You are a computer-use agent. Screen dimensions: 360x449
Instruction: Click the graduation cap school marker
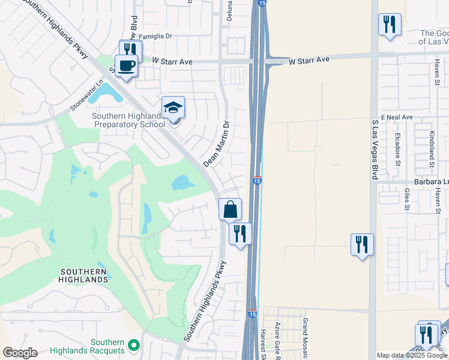coord(173,108)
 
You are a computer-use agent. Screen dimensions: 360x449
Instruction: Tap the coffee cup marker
coord(126,66)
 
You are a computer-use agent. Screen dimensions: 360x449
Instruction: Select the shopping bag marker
coord(230,210)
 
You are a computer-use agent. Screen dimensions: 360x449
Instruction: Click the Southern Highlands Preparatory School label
coord(128,120)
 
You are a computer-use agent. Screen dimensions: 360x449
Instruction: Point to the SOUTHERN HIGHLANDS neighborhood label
coord(84,275)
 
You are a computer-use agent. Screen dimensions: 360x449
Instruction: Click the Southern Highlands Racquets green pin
coord(134,346)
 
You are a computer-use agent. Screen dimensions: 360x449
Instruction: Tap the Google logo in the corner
coord(20,353)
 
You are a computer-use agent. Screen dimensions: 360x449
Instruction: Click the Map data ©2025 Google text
coord(412,355)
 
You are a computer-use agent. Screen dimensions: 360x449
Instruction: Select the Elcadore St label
coord(398,149)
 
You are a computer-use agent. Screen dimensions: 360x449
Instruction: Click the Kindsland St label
coord(431,149)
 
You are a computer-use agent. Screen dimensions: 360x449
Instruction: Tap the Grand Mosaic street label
coord(305,336)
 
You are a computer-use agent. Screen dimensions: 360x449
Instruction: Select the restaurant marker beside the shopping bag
coord(240,233)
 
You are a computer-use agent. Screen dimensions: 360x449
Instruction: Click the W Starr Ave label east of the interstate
coord(309,61)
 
